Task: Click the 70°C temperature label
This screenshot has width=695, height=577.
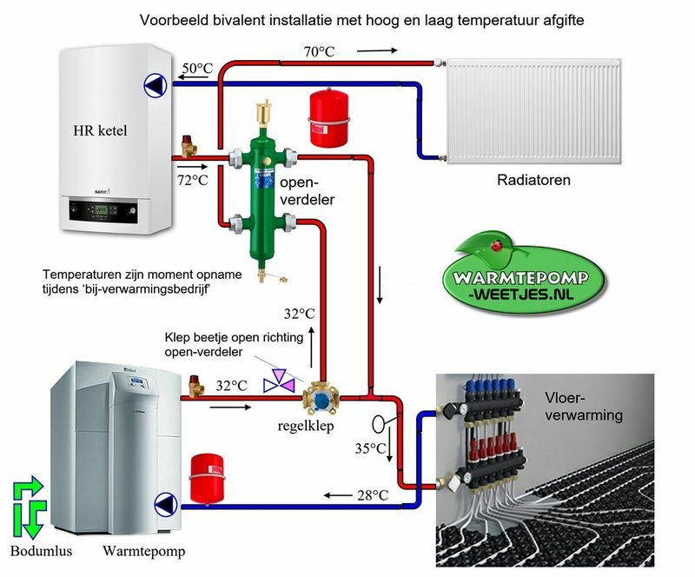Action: [318, 52]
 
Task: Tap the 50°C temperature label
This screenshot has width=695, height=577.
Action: [195, 68]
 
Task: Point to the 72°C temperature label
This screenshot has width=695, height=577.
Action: [193, 180]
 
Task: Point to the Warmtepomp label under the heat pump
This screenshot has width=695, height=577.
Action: [144, 551]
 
